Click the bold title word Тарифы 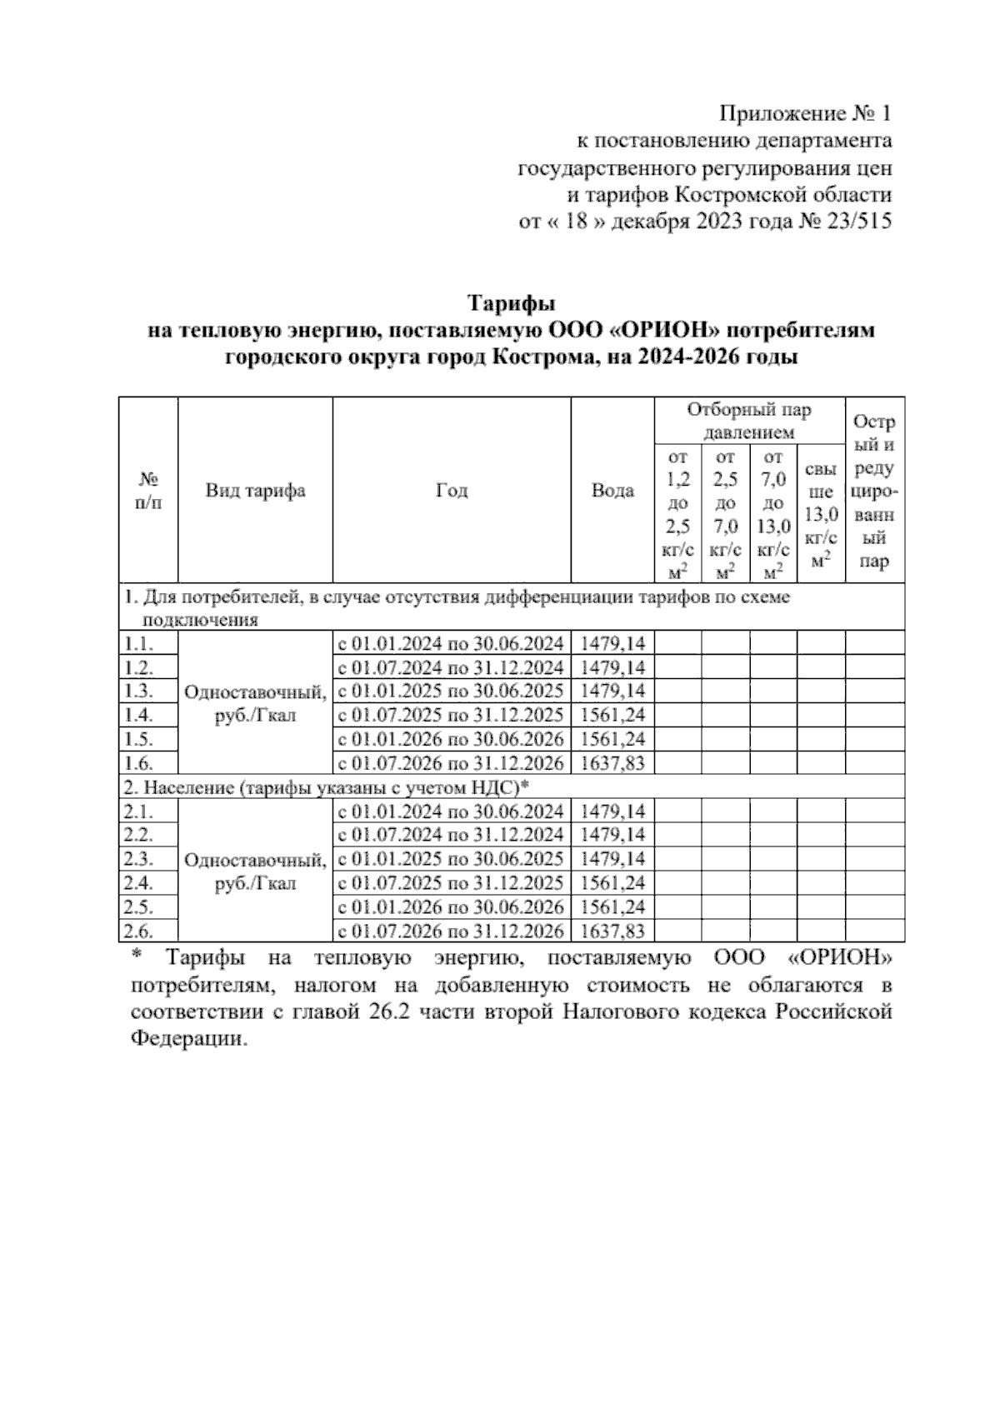[x=510, y=301]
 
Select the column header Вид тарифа [x=255, y=490]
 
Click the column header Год [x=452, y=490]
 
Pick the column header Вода [x=612, y=490]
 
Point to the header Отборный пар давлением [x=748, y=421]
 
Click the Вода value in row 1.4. [x=612, y=715]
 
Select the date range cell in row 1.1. [x=451, y=643]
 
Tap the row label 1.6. [x=138, y=762]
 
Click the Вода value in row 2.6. [x=612, y=931]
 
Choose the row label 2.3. [x=138, y=859]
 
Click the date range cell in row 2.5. [x=451, y=906]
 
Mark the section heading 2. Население [x=326, y=786]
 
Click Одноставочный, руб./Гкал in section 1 [x=255, y=703]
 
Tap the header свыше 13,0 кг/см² [x=821, y=515]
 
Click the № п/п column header [x=148, y=490]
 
